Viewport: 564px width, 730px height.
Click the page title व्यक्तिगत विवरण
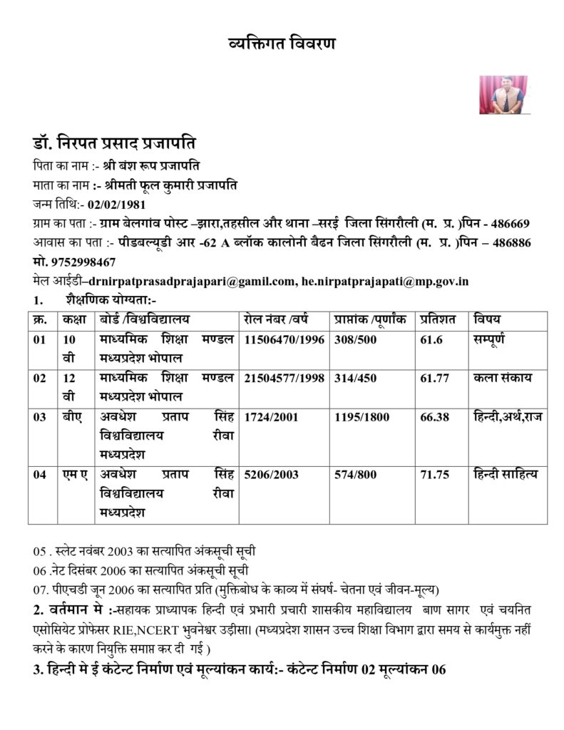tap(281, 43)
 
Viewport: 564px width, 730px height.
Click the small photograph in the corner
tap(503, 95)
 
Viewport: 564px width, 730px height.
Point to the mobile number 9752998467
tap(83, 262)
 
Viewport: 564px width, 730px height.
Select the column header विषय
tap(487, 319)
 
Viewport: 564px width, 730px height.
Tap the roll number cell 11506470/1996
tap(284, 340)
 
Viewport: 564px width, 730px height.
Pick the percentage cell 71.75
tap(434, 474)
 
